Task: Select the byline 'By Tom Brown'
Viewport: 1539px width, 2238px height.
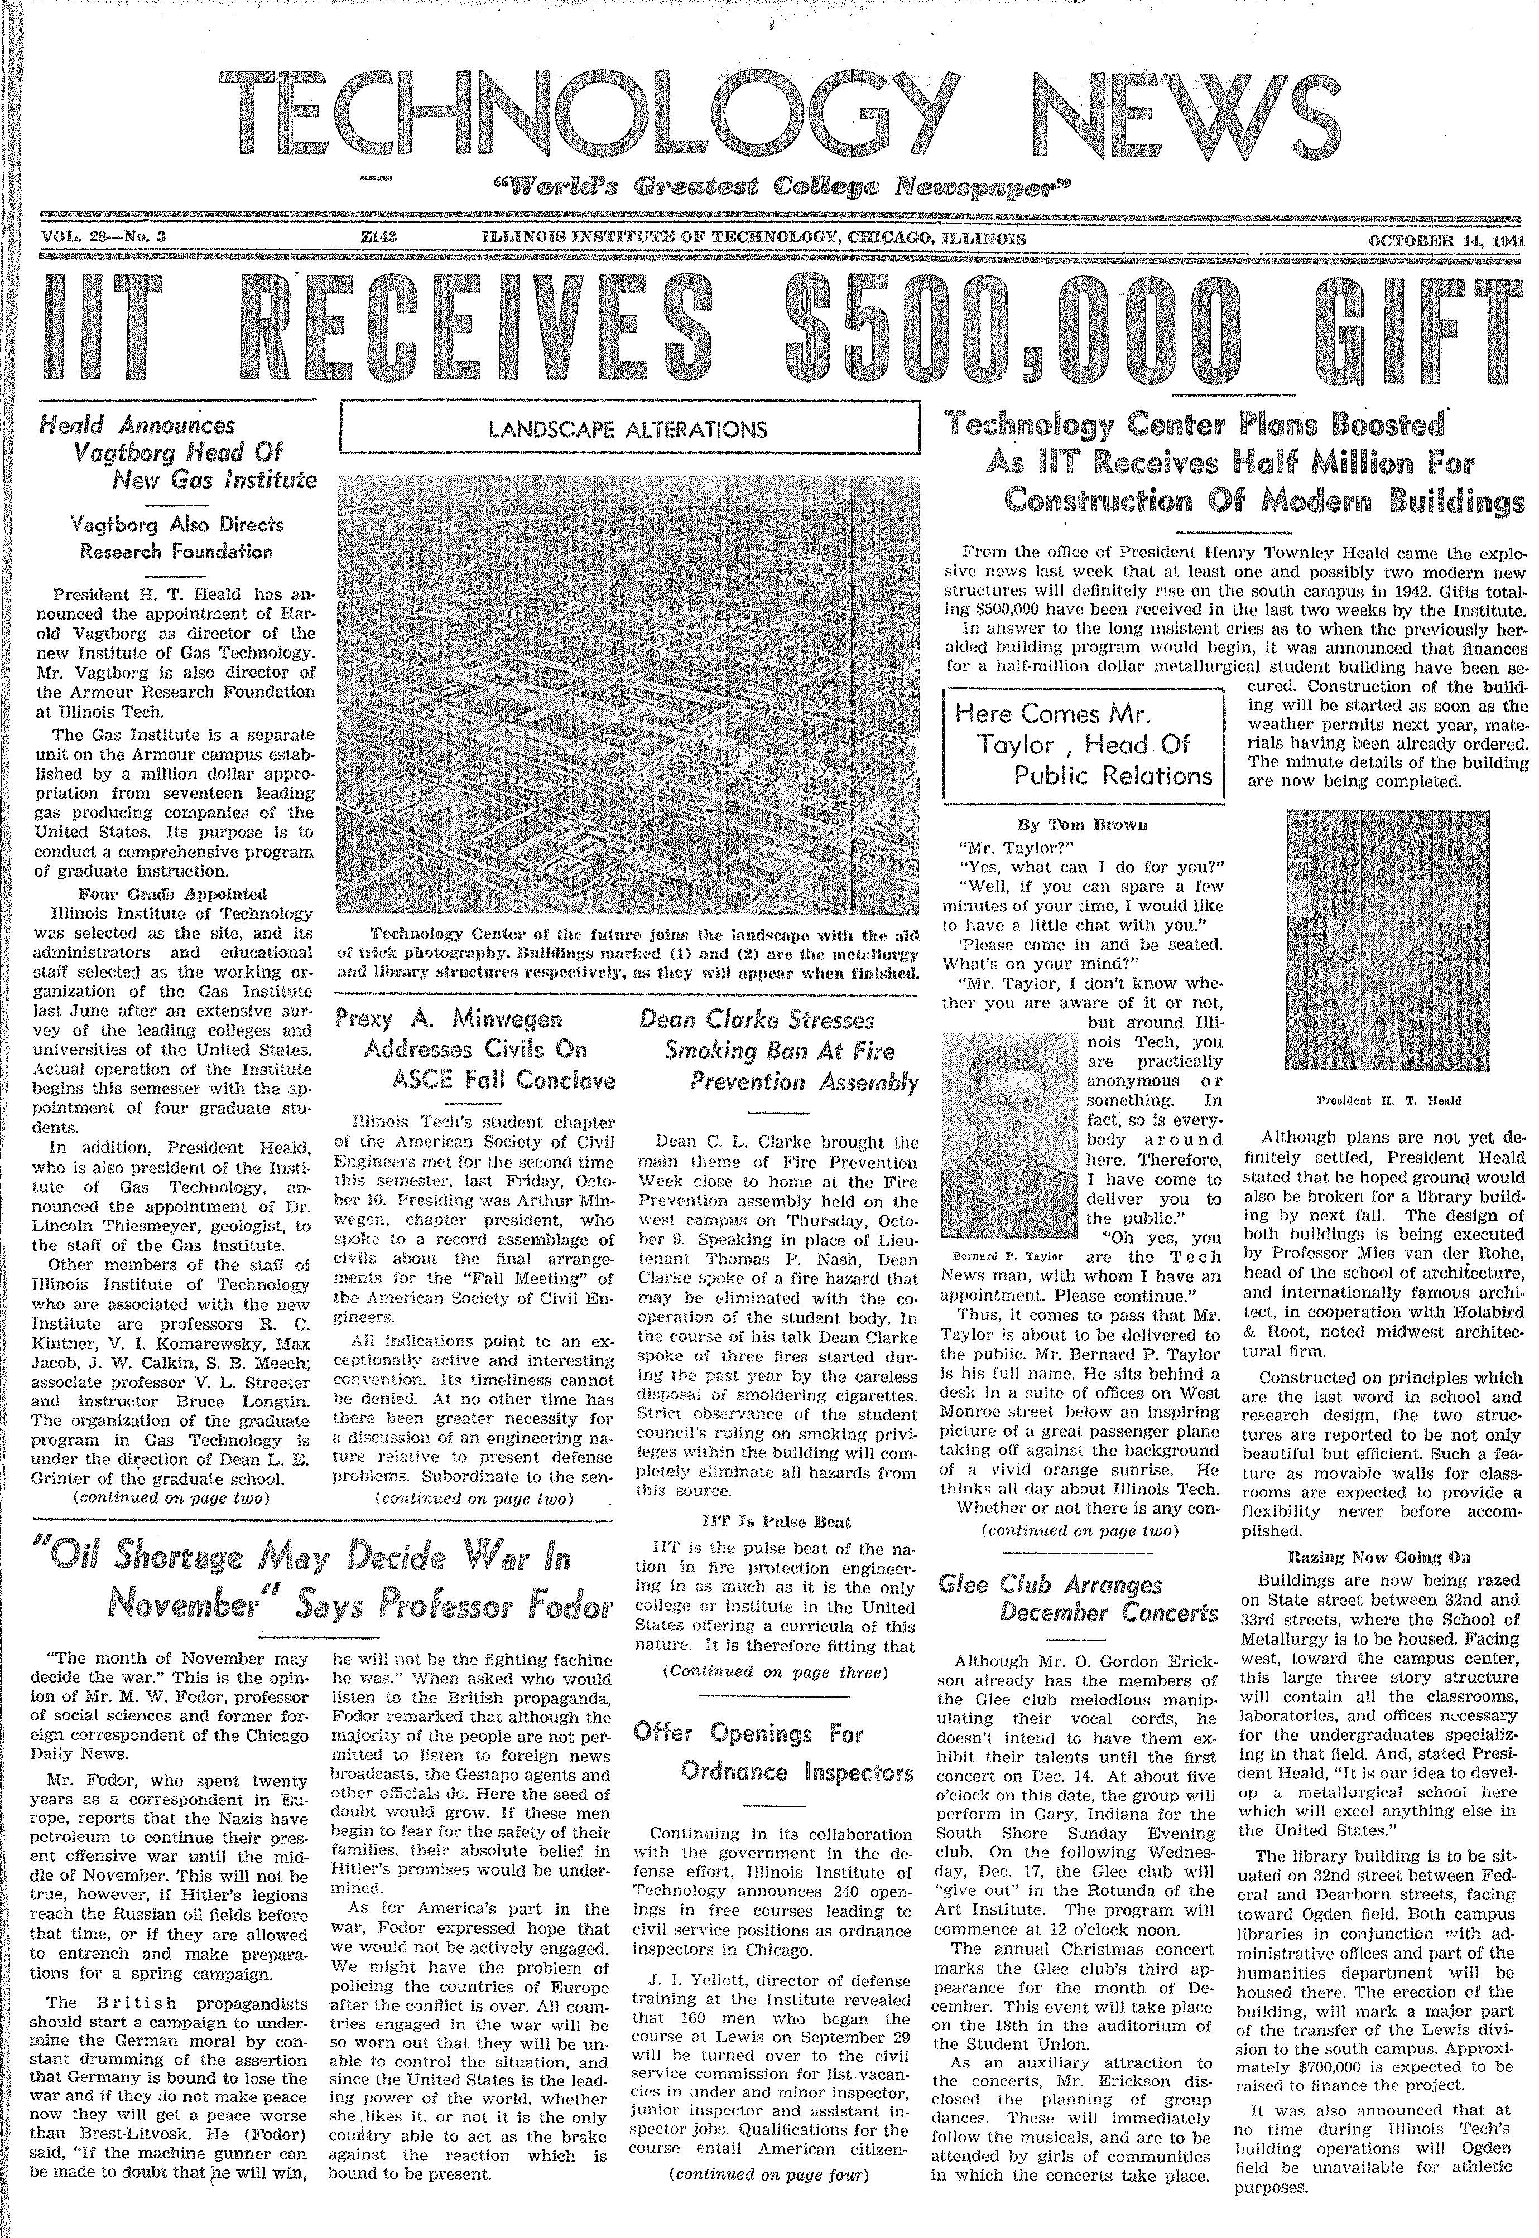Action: point(1083,825)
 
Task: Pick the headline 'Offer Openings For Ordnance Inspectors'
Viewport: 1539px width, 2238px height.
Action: point(775,1752)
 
